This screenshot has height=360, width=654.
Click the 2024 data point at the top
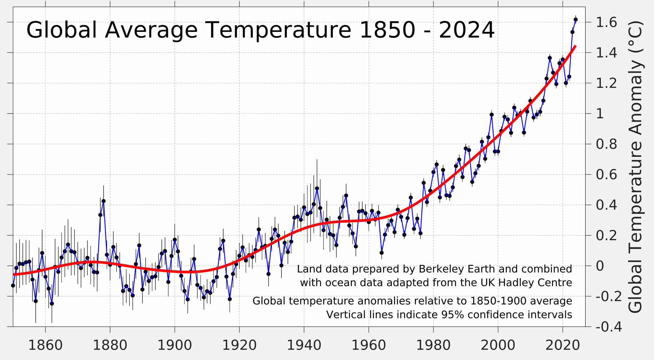[x=575, y=20]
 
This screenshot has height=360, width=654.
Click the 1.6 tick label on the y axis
[x=606, y=22]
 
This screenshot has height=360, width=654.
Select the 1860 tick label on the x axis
[x=45, y=345]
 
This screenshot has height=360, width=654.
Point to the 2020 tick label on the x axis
[x=563, y=345]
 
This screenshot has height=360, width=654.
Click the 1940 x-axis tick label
[x=304, y=345]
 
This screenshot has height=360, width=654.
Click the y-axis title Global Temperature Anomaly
[x=635, y=167]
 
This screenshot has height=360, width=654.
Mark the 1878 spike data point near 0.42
[x=104, y=201]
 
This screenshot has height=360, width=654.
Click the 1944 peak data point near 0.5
[x=317, y=188]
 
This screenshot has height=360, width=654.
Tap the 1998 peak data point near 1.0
[x=491, y=115]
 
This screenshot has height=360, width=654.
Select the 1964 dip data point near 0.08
[x=381, y=253]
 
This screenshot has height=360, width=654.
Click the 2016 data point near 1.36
[x=550, y=58]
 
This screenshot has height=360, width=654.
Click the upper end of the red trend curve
[x=575, y=46]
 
